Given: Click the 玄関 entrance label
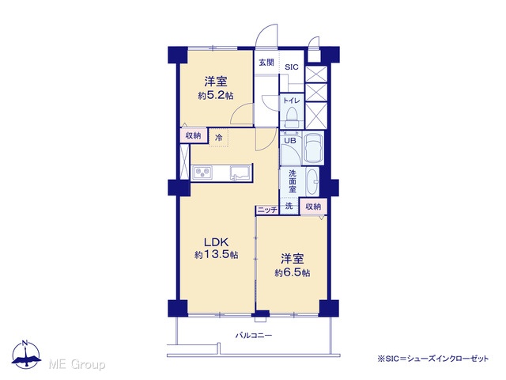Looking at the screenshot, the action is (x=266, y=63).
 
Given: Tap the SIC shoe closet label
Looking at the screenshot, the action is (x=292, y=67).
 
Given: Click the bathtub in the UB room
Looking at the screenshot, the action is (x=313, y=148).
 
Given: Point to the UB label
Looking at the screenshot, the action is (x=290, y=141).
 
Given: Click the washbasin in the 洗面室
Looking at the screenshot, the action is (x=312, y=181).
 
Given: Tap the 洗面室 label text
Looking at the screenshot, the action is (x=293, y=181).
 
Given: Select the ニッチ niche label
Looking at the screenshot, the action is (x=267, y=210).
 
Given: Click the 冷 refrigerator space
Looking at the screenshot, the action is (x=219, y=138).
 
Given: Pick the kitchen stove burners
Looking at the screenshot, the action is (x=202, y=173).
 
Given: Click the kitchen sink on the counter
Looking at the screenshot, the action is (x=240, y=173).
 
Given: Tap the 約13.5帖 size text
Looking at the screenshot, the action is (x=216, y=255).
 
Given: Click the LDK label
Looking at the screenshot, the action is (x=216, y=241).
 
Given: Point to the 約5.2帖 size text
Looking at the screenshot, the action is (x=216, y=96).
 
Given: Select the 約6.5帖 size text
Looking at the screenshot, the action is (x=293, y=272).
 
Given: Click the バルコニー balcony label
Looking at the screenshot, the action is (x=253, y=336).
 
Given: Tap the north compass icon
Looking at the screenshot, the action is (x=26, y=355).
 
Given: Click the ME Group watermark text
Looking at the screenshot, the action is (x=77, y=364).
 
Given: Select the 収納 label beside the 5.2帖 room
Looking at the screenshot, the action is (x=193, y=135).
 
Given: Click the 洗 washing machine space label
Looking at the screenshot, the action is (x=289, y=206).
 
